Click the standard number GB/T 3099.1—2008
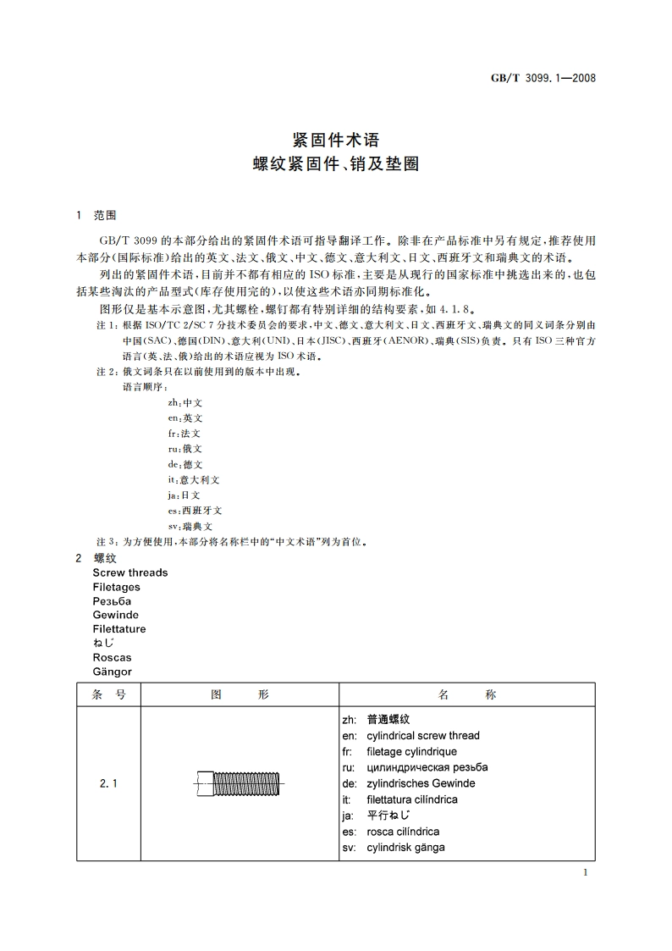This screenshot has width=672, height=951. [544, 78]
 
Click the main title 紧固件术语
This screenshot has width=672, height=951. [336, 140]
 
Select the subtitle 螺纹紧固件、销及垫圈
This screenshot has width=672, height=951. [336, 164]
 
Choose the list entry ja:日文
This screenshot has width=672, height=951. [185, 495]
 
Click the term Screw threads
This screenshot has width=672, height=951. [130, 572]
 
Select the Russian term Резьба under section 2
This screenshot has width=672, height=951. [113, 601]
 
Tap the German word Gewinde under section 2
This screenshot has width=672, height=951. [116, 615]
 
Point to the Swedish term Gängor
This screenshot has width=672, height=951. [113, 672]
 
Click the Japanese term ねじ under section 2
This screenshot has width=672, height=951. [104, 644]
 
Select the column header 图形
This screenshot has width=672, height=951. [239, 694]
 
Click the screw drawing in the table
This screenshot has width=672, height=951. [240, 784]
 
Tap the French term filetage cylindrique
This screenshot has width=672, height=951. [411, 751]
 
